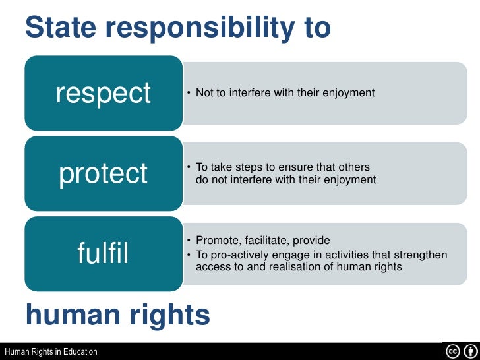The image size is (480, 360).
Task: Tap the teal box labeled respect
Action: coord(104,93)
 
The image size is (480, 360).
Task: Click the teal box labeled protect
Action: coord(104,173)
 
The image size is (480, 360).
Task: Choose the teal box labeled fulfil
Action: coord(104,253)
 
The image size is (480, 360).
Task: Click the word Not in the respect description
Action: coord(204,93)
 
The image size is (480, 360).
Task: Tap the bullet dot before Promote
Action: coord(189,240)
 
